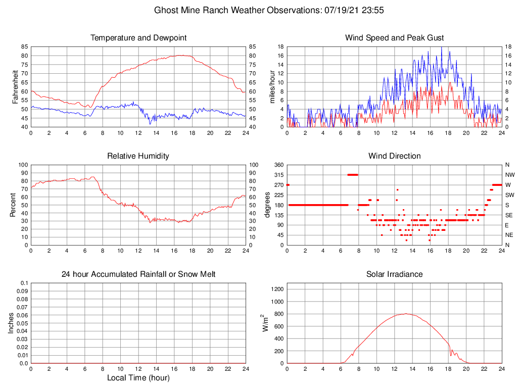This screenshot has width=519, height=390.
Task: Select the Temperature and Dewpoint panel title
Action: [138, 38]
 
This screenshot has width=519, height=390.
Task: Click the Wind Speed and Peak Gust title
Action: [394, 38]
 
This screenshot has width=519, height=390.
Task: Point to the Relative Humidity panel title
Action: [138, 156]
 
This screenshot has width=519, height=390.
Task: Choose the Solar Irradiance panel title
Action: [394, 274]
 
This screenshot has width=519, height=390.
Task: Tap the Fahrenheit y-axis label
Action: [15, 86]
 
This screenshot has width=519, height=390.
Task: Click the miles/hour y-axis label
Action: [272, 86]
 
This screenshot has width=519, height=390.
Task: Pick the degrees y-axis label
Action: [267, 205]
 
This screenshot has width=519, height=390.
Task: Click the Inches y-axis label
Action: [11, 323]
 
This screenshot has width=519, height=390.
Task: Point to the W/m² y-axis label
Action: [265, 323]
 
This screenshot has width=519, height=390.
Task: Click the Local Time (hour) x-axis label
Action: [138, 378]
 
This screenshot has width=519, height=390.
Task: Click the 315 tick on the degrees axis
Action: [278, 175]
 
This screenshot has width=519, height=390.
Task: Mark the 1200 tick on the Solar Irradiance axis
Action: [277, 289]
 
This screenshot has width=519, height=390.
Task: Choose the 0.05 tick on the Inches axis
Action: [22, 323]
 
